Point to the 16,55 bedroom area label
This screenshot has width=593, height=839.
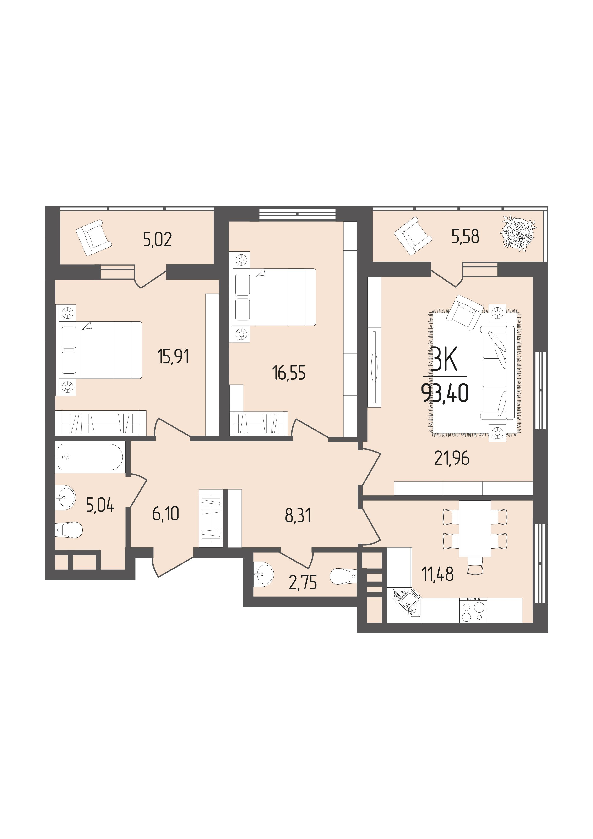tap(288, 373)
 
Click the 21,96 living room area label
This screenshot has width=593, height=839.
tap(452, 458)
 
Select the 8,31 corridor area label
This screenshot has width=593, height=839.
tap(298, 516)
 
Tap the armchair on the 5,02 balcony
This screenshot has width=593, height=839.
tap(93, 237)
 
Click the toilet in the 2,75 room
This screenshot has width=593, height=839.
tap(343, 577)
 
